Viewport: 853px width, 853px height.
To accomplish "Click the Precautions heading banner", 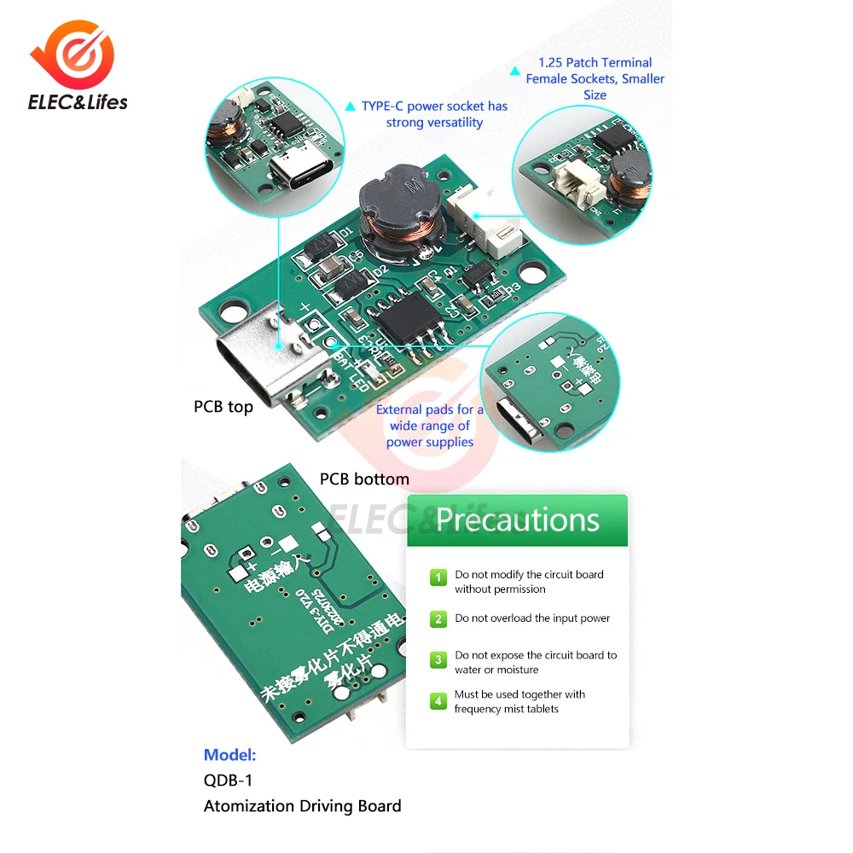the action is pos(518,519).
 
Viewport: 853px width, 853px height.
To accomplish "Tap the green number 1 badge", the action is pos(438,578).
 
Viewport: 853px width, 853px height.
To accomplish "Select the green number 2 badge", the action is pos(438,619).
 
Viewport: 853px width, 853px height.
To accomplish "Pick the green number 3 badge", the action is pos(438,660).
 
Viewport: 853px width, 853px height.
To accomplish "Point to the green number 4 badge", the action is pos(438,701).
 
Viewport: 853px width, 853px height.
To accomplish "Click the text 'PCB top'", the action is pos(223,407).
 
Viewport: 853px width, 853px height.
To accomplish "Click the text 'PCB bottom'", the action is pos(364,479).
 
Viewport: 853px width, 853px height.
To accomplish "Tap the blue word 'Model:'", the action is pos(229,755).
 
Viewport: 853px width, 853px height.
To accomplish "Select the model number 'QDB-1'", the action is pos(228,780).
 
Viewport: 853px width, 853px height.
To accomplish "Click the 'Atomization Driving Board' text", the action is pos(302,806).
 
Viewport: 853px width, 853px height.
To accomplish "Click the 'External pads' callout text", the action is pos(429,426).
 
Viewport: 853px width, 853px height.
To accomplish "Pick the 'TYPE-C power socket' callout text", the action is pos(434,114).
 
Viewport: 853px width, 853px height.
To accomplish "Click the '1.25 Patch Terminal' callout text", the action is pos(595,78).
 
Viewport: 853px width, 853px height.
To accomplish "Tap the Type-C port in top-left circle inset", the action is pos(293,171).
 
